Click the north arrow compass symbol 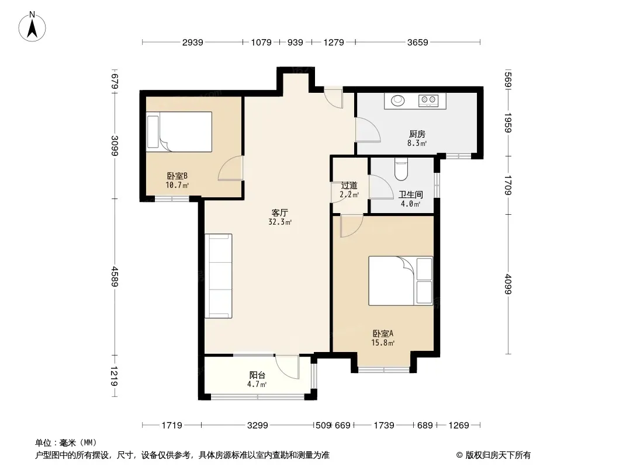pos(32,26)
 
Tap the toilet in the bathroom pos(402,169)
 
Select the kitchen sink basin pos(398,101)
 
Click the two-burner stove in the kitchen pos(428,100)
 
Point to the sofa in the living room pos(219,276)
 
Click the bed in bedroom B pos(179,132)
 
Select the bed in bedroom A pos(400,281)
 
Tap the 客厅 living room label pos(280,213)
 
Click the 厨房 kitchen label pos(417,134)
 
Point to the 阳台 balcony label pos(257,375)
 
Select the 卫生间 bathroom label pos(410,195)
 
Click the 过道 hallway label pos(349,185)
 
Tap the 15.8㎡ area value pos(383,343)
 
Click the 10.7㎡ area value pos(177,185)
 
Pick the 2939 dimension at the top pos(193,42)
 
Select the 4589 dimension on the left pos(115,277)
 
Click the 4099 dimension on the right pos(507,284)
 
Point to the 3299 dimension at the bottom pos(258,426)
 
